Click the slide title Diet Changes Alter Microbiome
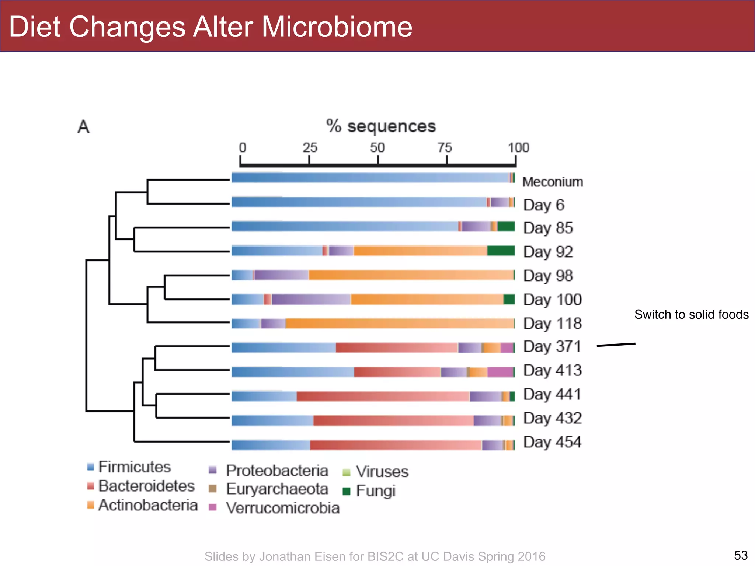[210, 27]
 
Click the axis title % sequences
[381, 126]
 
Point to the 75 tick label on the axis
[445, 148]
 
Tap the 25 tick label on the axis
[310, 148]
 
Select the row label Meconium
[552, 182]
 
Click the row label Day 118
[552, 324]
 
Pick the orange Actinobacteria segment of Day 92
[420, 251]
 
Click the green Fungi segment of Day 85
[506, 226]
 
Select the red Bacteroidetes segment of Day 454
[395, 445]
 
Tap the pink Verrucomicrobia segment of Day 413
[500, 372]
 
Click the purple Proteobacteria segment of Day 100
[311, 299]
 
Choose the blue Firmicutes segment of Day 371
[283, 347]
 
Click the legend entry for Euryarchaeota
[276, 489]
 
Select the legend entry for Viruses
[382, 472]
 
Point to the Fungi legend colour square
[346, 491]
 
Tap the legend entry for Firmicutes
[134, 467]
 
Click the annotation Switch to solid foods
[691, 314]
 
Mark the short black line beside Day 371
[616, 345]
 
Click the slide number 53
[741, 555]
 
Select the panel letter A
[83, 127]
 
